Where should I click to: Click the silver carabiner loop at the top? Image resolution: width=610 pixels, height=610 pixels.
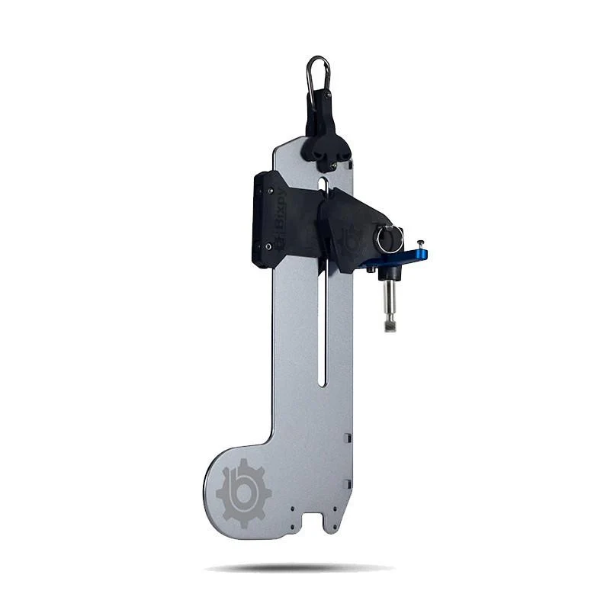pos(318,72)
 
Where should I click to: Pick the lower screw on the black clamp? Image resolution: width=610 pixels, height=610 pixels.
pos(268,246)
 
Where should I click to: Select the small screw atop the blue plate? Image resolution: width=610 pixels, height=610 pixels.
pos(419,246)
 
